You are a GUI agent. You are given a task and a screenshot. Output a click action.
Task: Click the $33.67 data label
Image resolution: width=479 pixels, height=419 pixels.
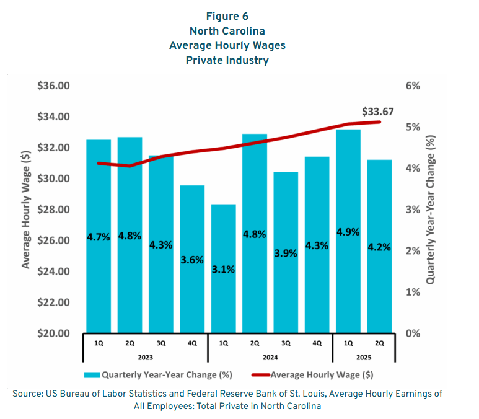point(378,112)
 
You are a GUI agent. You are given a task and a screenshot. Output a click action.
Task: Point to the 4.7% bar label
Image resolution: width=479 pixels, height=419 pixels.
point(98,237)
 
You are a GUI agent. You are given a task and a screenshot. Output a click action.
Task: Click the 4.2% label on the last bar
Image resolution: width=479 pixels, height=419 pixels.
point(379,247)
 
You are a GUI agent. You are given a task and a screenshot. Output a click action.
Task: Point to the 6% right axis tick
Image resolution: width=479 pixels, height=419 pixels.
point(412,86)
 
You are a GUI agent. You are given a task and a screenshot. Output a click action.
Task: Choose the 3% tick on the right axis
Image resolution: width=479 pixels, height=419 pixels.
point(412,209)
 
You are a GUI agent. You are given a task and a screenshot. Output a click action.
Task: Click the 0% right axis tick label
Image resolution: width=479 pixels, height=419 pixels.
point(412,333)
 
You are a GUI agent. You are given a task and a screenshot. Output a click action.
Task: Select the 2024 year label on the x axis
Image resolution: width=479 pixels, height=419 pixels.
point(270,357)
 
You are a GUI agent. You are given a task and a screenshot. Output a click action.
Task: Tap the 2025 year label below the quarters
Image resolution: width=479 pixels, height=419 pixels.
point(363,357)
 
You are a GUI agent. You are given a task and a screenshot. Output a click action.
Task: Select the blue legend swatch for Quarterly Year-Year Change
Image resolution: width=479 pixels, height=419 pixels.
point(91,374)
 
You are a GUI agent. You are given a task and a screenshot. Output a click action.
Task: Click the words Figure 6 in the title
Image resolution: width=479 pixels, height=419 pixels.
point(227,17)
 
